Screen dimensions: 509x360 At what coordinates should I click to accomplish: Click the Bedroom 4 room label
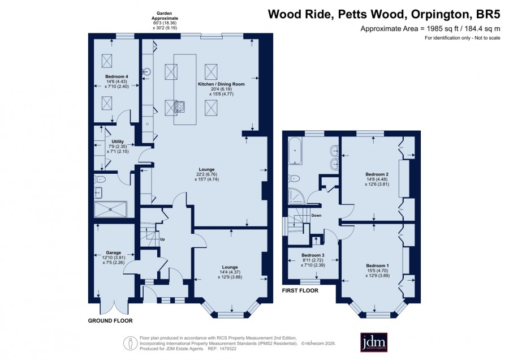click(x=117, y=76)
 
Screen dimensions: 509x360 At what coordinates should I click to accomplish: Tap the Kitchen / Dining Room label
click(x=221, y=84)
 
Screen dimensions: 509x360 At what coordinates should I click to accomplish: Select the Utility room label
click(x=118, y=142)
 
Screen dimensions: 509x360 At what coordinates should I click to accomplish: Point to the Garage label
click(x=113, y=252)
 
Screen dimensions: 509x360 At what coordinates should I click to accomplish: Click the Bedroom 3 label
click(x=313, y=255)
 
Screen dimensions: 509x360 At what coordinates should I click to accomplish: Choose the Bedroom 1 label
click(x=378, y=265)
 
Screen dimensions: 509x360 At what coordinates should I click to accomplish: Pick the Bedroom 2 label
click(x=377, y=174)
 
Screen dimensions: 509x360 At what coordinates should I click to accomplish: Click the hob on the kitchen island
click(x=179, y=106)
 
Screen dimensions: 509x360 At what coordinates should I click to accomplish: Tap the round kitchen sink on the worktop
click(x=146, y=71)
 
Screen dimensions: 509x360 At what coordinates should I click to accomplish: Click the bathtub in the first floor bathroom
click(x=295, y=151)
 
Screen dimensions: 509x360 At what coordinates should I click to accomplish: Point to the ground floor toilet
click(x=100, y=179)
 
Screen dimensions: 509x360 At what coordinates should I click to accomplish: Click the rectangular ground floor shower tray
click(x=110, y=209)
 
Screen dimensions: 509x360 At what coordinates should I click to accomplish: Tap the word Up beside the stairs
click(x=162, y=239)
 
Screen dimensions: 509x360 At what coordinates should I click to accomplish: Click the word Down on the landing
click(x=316, y=216)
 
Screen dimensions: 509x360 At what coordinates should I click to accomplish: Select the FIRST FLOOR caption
click(x=300, y=290)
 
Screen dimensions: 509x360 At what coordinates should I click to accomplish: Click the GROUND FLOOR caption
click(x=110, y=321)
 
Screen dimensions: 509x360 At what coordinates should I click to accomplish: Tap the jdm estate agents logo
click(x=374, y=342)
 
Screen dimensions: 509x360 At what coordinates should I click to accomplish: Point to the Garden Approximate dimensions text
click(x=165, y=21)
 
